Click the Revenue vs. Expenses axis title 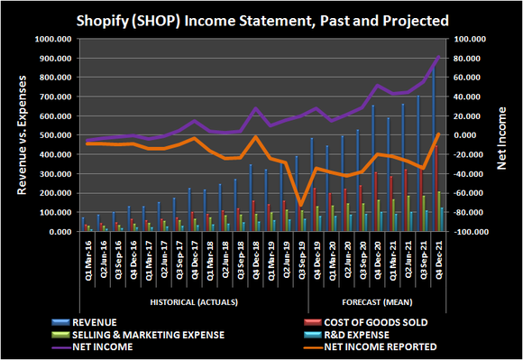[20, 135]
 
